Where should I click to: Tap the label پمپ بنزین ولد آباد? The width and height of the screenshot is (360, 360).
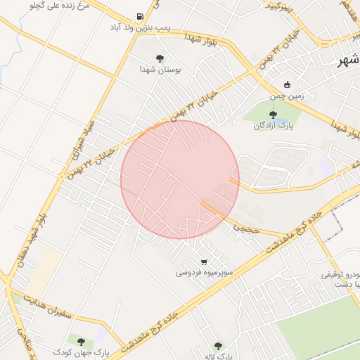(139, 28)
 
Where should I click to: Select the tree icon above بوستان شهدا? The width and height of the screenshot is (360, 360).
(159, 58)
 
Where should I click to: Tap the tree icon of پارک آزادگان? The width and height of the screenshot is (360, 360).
(273, 114)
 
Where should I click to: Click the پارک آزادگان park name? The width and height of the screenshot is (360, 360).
(272, 125)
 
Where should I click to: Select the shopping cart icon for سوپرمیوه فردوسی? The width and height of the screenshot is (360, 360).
(203, 261)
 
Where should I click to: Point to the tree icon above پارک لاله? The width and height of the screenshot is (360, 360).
(217, 346)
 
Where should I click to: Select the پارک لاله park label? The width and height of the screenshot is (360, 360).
(217, 356)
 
